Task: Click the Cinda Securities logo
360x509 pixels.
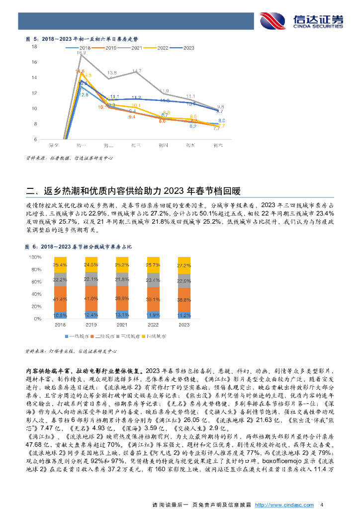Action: pos(302,20)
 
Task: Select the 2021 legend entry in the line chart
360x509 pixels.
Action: pos(134,48)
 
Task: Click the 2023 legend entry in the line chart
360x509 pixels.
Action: pos(185,48)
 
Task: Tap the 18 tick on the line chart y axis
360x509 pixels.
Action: pos(34,47)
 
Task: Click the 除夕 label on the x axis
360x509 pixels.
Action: pos(55,145)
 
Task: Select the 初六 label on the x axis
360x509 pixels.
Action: pos(217,145)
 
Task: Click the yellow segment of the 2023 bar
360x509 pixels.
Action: pos(184,265)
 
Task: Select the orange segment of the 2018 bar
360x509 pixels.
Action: pos(60,299)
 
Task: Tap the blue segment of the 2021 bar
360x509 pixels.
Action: pos(122,314)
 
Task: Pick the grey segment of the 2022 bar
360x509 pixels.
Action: pos(153,280)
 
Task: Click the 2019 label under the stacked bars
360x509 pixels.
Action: pos(91,325)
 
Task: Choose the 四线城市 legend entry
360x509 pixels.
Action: pos(157,337)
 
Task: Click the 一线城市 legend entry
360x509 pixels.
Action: pos(80,337)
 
